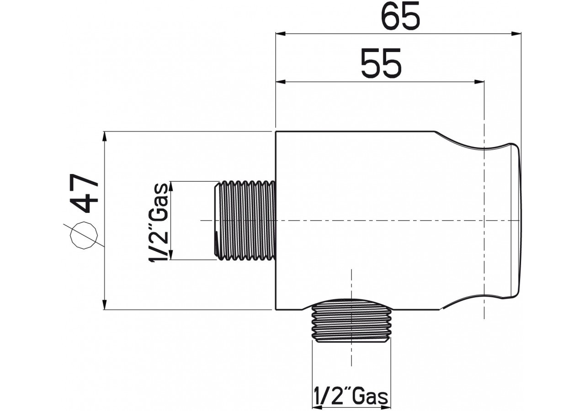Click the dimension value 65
coord(400,16)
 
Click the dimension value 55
coord(381,63)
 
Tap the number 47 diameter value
coord(85,194)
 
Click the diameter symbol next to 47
coord(84,235)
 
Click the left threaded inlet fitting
coord(245,221)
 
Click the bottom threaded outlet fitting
coord(351,321)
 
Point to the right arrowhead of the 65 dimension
coord(516,34)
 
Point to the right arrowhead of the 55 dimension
coord(479,82)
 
